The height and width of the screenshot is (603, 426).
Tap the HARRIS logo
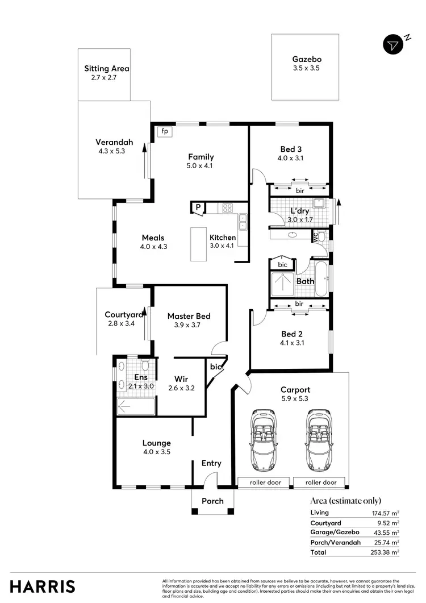(x=43, y=586)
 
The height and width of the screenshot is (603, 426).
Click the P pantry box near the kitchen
(x=198, y=207)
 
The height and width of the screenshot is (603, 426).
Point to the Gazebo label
(x=307, y=59)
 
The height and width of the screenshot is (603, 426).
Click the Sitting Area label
(x=107, y=69)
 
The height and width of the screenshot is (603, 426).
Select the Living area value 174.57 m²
(x=384, y=513)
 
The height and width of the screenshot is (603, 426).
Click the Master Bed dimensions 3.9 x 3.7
(x=188, y=326)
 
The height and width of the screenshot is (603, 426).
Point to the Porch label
(x=212, y=501)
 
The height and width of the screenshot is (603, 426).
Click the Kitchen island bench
(x=198, y=244)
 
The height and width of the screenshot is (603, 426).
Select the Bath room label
(x=305, y=281)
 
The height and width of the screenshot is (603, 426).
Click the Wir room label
(x=181, y=378)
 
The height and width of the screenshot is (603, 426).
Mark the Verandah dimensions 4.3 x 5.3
(x=111, y=152)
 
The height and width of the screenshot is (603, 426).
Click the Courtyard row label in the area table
(x=325, y=522)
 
